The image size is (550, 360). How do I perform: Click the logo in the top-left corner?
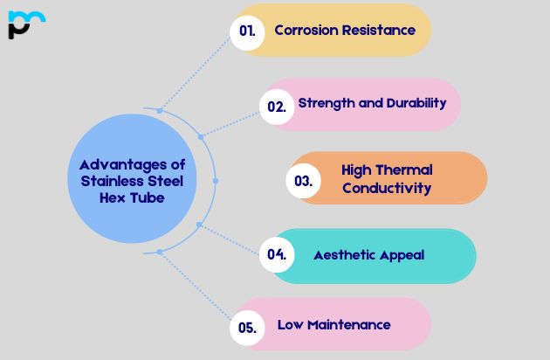[x=25, y=24]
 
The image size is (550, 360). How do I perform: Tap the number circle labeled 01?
[x=248, y=31]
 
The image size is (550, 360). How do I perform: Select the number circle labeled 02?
[x=277, y=107]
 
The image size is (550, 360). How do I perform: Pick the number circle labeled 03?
[x=304, y=181]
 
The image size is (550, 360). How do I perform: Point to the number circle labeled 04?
[x=277, y=255]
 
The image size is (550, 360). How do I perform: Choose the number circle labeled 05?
[x=247, y=328]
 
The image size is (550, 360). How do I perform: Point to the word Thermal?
[x=403, y=170]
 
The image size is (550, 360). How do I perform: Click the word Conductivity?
[x=387, y=188]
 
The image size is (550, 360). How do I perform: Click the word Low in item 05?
[x=290, y=325]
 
